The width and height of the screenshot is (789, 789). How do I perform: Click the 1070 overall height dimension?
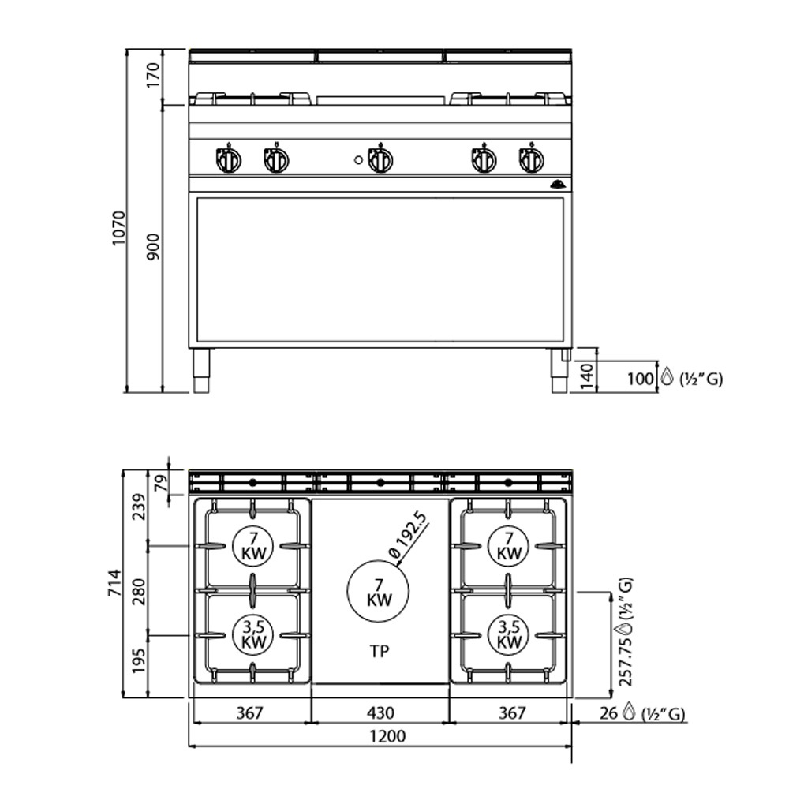[x=119, y=228]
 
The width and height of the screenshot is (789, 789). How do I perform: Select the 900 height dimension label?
[x=154, y=246]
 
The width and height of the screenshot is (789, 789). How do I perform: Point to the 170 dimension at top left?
[x=154, y=74]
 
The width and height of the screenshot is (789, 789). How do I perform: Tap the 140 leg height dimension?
[x=587, y=376]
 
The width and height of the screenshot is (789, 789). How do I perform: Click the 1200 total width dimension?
[x=387, y=736]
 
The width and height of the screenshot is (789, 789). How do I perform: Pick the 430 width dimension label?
[x=380, y=712]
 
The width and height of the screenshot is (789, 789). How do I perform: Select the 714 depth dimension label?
[x=115, y=583]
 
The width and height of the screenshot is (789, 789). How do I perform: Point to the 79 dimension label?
[x=160, y=484]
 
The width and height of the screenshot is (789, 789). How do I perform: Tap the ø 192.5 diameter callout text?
[x=408, y=534]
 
